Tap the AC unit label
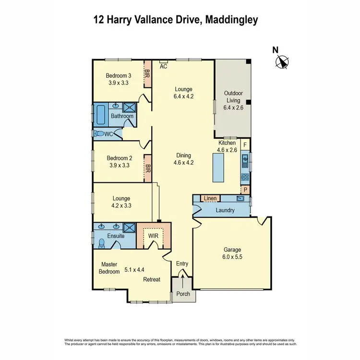pyautogui.click(x=163, y=67)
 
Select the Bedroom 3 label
pyautogui.click(x=119, y=76)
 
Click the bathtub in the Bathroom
pyautogui.click(x=101, y=115)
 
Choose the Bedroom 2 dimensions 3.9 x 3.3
pyautogui.click(x=119, y=165)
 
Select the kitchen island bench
pyautogui.click(x=217, y=168)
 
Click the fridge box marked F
pyautogui.click(x=245, y=144)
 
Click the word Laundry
pyautogui.click(x=225, y=210)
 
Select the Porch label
pyautogui.click(x=183, y=294)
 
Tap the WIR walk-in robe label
pyautogui.click(x=153, y=236)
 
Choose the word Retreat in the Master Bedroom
pyautogui.click(x=152, y=279)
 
